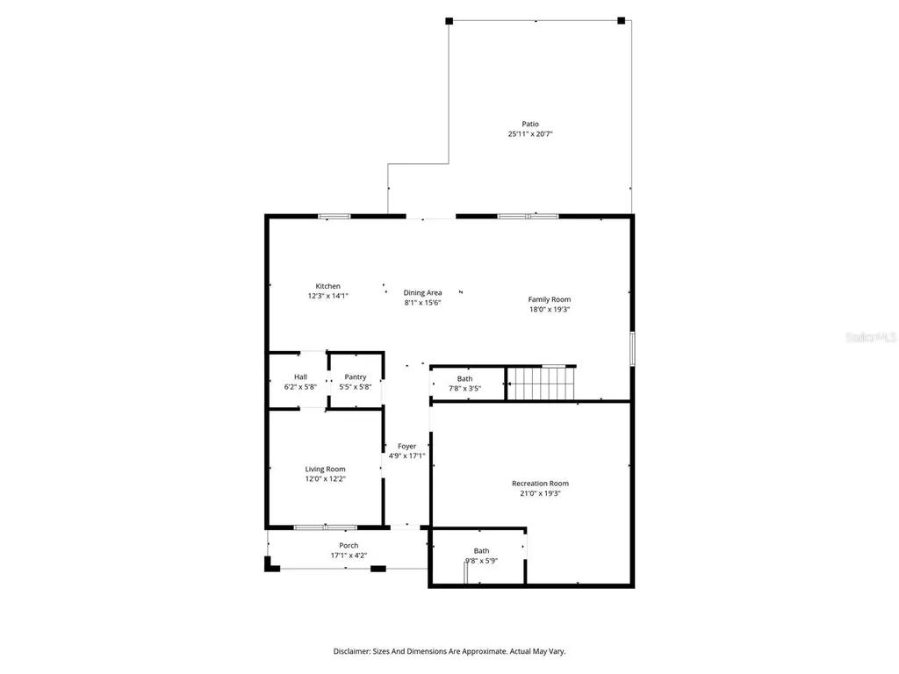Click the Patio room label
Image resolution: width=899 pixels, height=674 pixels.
click(529, 124)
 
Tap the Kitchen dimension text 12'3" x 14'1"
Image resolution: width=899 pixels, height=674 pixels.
click(327, 297)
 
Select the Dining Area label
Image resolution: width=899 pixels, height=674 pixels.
click(422, 292)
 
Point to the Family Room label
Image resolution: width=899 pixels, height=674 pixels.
click(550, 299)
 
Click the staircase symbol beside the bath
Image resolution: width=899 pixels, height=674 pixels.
click(542, 384)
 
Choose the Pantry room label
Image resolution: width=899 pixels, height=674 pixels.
click(356, 376)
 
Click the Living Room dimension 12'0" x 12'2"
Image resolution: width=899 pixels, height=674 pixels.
click(325, 479)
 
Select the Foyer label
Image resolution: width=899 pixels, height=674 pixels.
click(406, 446)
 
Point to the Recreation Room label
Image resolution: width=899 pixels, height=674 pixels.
click(540, 484)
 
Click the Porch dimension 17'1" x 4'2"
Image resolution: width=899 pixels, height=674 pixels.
click(349, 556)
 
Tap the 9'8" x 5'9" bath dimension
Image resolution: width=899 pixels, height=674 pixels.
click(481, 562)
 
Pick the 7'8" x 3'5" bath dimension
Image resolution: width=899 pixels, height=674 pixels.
click(464, 389)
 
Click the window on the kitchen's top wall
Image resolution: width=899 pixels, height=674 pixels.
click(334, 216)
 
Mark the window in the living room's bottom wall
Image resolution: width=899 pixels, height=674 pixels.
click(325, 527)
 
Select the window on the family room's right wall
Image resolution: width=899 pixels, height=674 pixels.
click(631, 348)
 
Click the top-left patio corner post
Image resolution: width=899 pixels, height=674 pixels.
click(449, 20)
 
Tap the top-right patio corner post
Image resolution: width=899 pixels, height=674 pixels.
click(621, 20)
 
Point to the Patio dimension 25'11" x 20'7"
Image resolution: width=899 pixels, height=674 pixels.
click(529, 134)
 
